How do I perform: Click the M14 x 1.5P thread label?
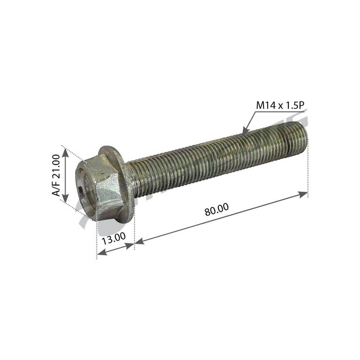(x=280, y=105)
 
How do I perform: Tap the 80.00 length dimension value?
(x=217, y=210)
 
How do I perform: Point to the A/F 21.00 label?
(x=56, y=175)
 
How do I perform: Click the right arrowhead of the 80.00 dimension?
(x=303, y=194)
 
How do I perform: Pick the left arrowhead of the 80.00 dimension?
(x=139, y=241)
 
